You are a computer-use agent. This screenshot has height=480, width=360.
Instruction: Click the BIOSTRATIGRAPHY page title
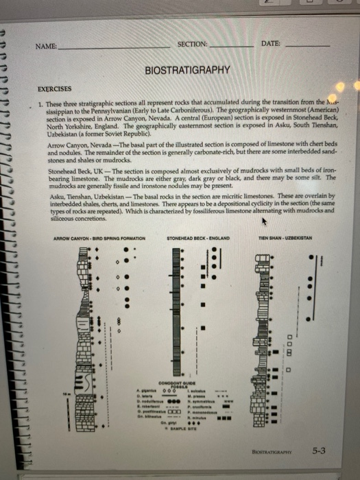[x=187, y=71]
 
